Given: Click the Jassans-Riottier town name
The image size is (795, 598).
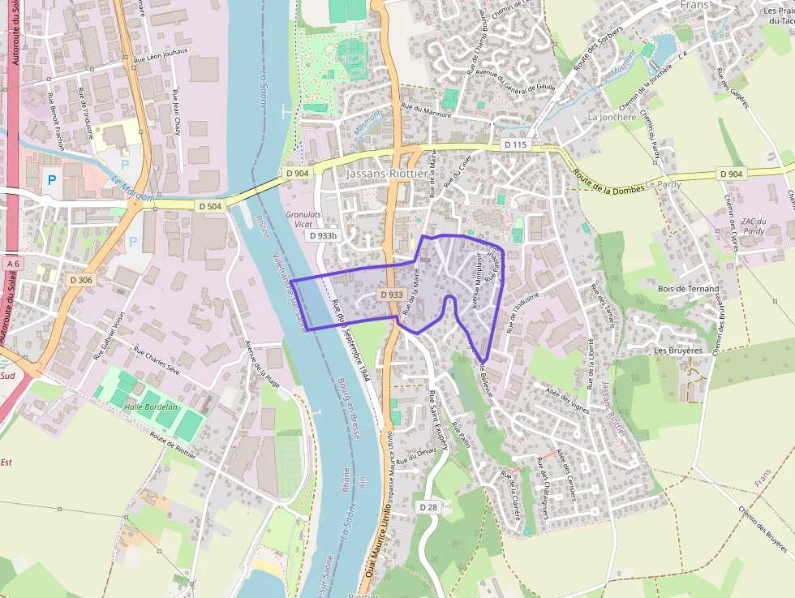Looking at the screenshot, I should (x=385, y=174).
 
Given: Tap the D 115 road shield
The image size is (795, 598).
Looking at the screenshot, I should (x=515, y=144).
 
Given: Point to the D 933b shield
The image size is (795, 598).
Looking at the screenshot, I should (x=322, y=235).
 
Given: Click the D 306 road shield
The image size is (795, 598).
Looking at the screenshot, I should (x=82, y=280).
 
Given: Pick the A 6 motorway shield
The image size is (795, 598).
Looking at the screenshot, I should (x=11, y=264).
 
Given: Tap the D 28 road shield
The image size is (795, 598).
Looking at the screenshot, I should (x=428, y=506).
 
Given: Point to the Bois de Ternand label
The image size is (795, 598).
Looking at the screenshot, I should (x=688, y=288).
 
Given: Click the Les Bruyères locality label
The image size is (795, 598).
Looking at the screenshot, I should (x=677, y=351).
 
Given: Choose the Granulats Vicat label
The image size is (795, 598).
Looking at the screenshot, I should (x=304, y=219).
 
